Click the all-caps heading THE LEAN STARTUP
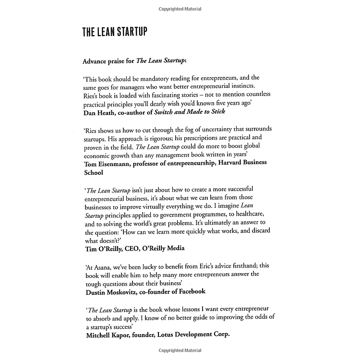click(x=114, y=32)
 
